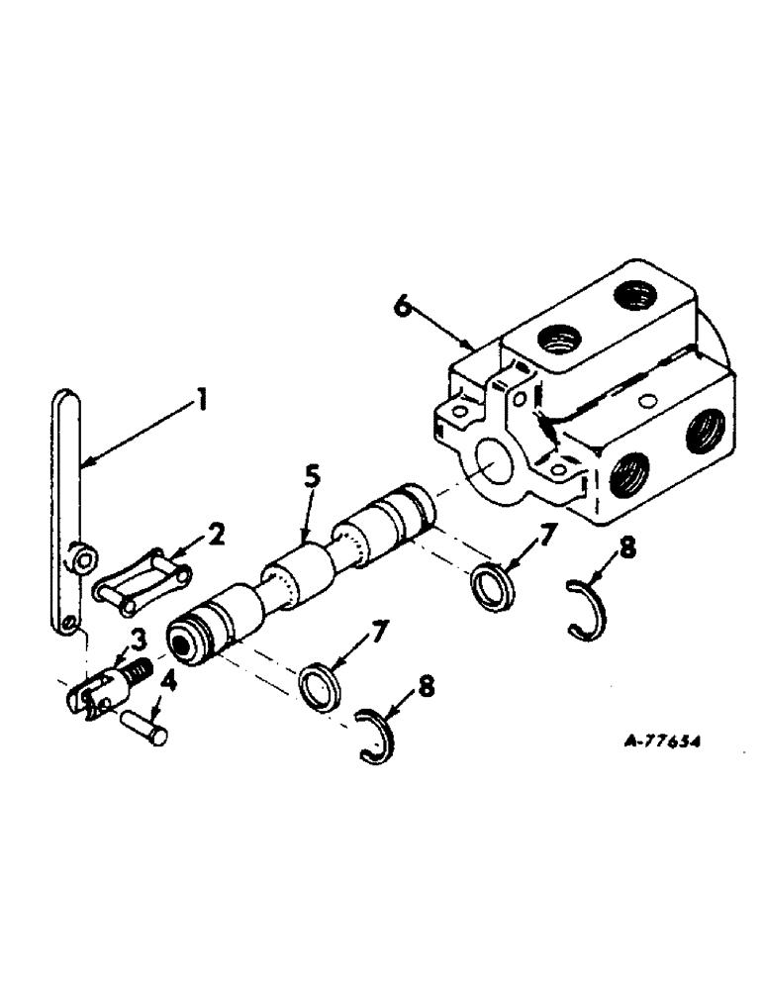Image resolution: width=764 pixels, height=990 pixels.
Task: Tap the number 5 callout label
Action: (x=312, y=476)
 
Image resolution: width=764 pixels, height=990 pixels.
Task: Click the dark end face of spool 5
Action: (x=183, y=638)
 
